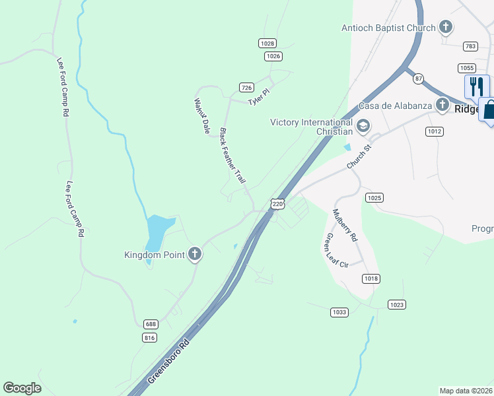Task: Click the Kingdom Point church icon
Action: tap(194, 254)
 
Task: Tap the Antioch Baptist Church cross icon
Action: tap(446, 27)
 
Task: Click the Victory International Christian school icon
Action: tap(363, 125)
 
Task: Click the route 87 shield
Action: tap(418, 79)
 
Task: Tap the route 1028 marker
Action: tap(267, 43)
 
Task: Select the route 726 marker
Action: tap(246, 87)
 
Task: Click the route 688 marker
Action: tap(151, 324)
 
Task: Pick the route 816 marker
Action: tap(149, 337)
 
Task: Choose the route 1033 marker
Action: tap(339, 312)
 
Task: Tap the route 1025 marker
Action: tap(374, 197)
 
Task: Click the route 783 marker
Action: tap(470, 46)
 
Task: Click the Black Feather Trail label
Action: tap(232, 156)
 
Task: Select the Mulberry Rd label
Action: tap(345, 225)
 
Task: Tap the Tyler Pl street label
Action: tap(258, 98)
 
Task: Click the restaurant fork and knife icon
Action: tap(476, 86)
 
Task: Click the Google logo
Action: tap(22, 388)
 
